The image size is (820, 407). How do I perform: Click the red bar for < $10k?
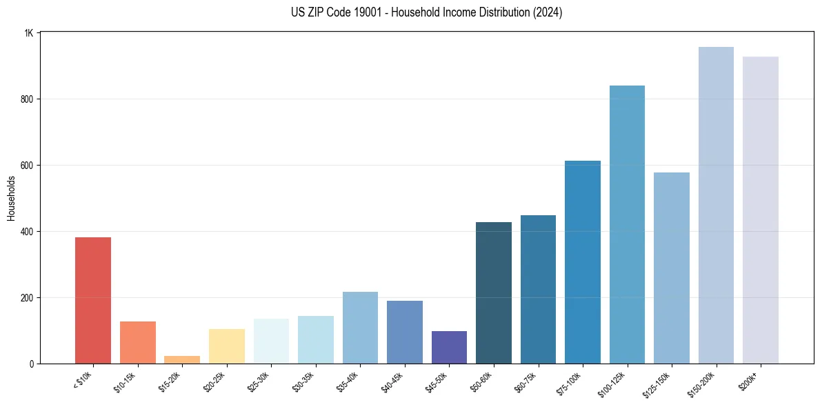point(93,300)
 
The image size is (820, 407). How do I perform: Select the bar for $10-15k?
point(137,342)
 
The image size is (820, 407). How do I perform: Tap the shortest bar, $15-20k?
point(182,359)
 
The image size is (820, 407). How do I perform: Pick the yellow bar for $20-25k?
point(226,346)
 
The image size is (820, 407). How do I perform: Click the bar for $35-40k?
point(360,328)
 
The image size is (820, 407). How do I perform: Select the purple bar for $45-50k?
point(449,347)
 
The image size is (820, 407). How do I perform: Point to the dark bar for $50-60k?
point(494,293)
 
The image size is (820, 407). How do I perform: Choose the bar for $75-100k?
point(583,262)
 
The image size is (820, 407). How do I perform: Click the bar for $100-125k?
point(627,224)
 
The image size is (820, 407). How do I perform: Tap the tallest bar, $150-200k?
point(716,205)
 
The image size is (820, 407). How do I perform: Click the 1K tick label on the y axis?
point(28,33)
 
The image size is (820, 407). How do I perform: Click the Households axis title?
point(12,198)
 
